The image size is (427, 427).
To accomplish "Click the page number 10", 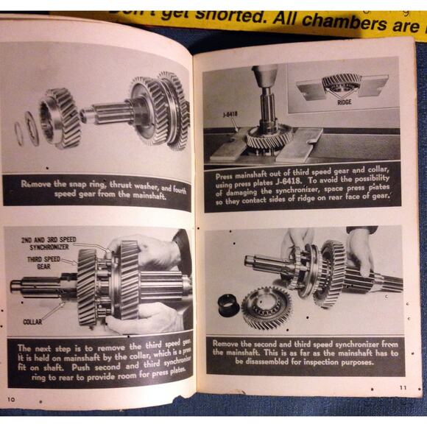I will pos(11,400).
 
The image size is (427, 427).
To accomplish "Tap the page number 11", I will pos(403,388).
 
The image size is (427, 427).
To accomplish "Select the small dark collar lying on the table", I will pos(228,302).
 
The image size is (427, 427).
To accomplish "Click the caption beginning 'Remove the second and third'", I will pos(304,352).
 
